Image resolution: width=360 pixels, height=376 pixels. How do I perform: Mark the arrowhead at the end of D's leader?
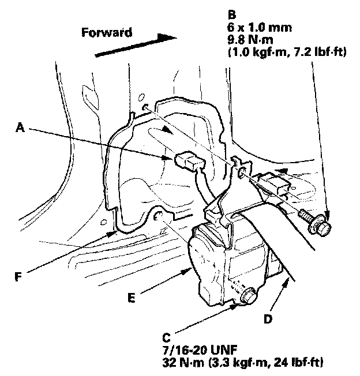click(288, 279)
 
